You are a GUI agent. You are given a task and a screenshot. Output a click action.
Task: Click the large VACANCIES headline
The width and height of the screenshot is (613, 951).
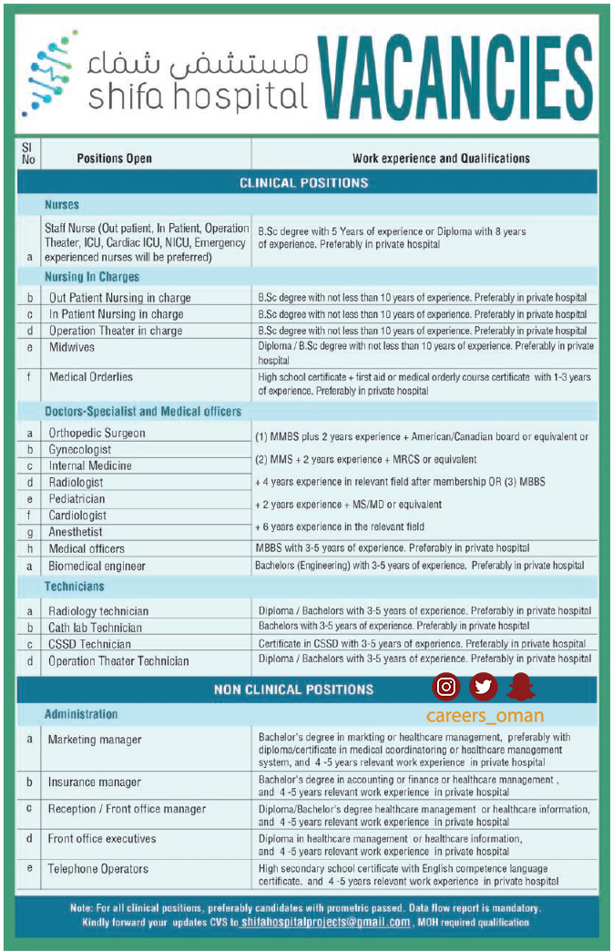coord(455,77)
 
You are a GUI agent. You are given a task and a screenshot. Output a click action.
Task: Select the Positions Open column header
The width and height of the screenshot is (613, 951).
coord(114,158)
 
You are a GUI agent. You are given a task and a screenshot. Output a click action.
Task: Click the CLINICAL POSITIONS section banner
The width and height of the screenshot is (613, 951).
coord(303,183)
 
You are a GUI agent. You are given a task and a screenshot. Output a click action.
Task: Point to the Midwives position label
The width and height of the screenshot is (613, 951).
coord(72,347)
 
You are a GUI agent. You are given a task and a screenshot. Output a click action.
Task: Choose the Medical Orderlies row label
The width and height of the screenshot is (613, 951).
coord(91,376)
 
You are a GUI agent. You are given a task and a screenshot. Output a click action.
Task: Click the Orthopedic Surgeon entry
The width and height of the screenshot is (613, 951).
coord(97,433)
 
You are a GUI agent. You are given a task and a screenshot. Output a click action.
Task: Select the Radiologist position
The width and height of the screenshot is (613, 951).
coord(77,482)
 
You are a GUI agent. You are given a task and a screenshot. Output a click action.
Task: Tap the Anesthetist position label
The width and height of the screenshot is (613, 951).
coord(76,532)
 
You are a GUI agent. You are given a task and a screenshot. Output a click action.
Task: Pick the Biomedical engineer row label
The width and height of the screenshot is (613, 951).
coord(97,566)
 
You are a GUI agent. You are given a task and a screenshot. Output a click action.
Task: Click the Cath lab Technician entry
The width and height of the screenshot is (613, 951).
coord(95,628)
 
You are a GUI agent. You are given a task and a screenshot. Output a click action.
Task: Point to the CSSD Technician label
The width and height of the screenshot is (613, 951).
coord(89,644)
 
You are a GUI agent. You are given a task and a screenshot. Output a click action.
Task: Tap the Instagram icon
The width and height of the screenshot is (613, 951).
coord(446,687)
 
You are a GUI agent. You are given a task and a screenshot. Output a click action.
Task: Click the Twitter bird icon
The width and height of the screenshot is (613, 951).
coord(483,687)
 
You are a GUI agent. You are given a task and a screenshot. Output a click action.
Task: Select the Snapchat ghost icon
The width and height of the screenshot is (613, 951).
coord(521,687)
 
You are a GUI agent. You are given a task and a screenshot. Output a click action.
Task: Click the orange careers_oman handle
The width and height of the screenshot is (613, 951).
coord(485,716)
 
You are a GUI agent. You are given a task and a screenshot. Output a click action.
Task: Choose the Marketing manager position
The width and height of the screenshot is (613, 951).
coord(95,740)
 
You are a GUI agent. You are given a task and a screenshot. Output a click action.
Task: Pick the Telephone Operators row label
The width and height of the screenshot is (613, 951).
coord(97,868)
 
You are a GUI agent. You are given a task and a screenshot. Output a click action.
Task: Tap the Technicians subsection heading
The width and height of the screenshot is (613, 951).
coord(75,587)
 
